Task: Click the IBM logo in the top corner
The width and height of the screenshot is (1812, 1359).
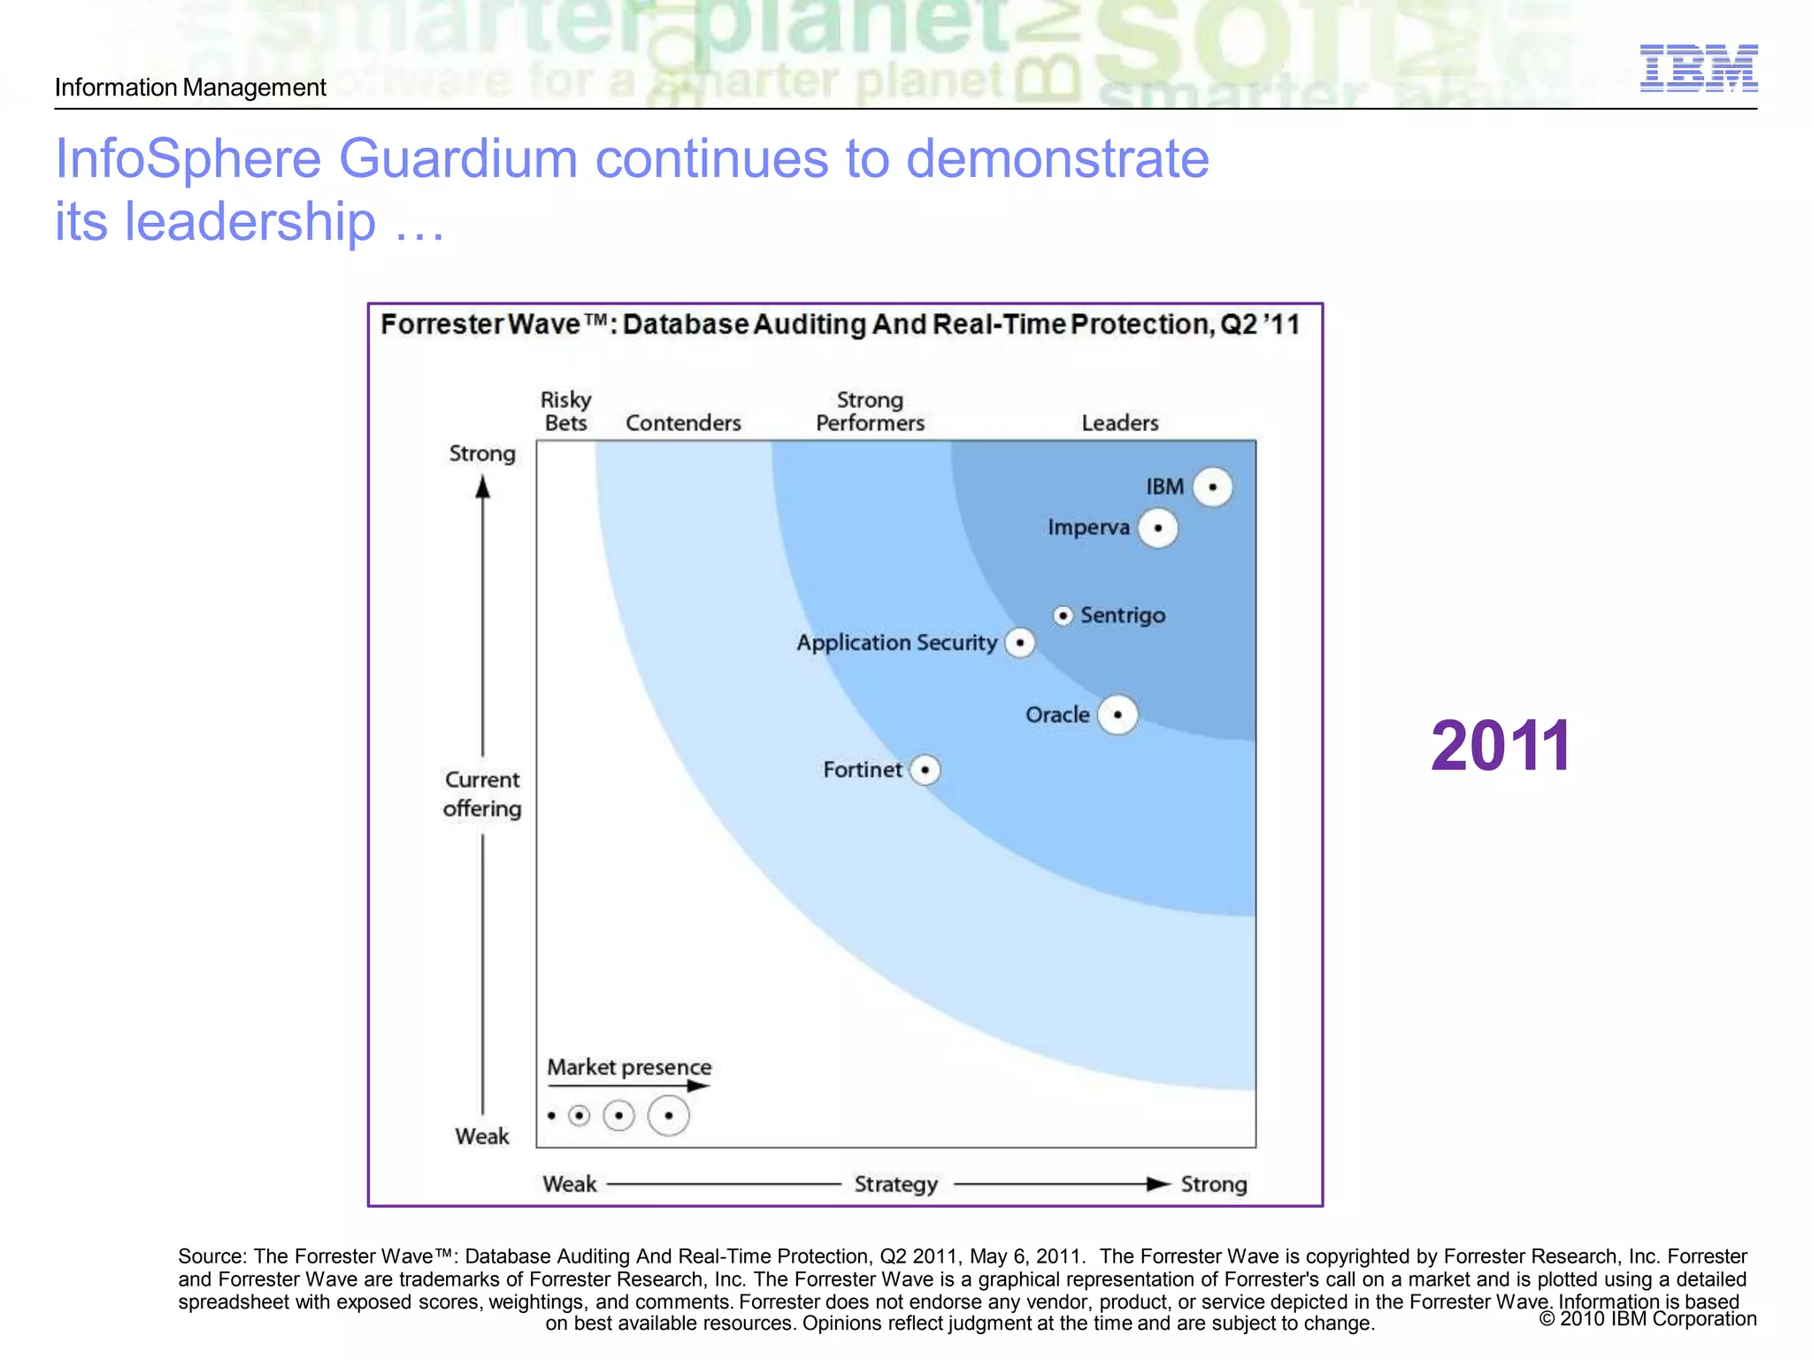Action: coord(1698,68)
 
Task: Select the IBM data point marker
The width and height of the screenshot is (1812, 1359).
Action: coord(1212,487)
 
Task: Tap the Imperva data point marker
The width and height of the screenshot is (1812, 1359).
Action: coord(1157,528)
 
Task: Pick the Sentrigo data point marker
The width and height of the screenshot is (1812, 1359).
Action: coord(1063,615)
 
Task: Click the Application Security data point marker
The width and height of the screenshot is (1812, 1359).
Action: coord(1020,642)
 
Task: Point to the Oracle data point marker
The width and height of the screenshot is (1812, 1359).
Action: coord(1117,714)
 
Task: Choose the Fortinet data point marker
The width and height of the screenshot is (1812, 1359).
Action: coord(925,770)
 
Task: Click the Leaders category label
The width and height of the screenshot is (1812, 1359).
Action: coord(1119,423)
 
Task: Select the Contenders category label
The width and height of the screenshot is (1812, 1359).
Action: coord(683,423)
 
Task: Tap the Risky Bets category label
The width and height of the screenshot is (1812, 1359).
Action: coord(565,411)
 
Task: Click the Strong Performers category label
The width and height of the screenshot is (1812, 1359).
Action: coord(870,411)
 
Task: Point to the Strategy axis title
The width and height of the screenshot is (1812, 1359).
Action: coord(895,1184)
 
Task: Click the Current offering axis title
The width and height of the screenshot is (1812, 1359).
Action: coord(482,794)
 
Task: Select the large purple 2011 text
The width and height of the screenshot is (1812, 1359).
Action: coord(1501,746)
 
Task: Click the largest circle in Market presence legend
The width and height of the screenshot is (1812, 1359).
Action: coord(668,1115)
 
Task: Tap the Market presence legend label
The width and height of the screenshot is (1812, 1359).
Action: coord(629,1067)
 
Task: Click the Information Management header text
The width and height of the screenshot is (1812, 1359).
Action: coord(190,88)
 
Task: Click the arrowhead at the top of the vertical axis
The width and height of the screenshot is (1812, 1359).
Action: coord(482,488)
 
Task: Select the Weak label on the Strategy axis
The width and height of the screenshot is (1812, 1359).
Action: coord(569,1184)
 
